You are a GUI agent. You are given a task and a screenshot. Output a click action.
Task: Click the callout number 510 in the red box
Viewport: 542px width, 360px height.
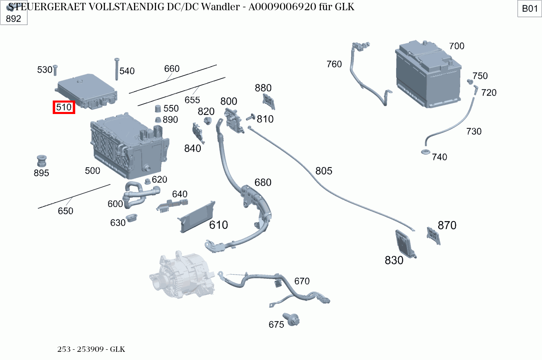[64, 107]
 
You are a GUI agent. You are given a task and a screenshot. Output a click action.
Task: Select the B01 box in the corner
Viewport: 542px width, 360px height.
[530, 9]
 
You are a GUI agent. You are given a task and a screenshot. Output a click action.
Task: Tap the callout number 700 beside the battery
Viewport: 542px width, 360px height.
[457, 46]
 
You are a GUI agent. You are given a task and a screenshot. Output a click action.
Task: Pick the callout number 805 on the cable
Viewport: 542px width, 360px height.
[324, 171]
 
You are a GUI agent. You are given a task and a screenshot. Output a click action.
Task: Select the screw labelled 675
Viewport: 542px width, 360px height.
[293, 320]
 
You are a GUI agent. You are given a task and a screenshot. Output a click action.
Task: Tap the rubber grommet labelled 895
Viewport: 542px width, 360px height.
[41, 160]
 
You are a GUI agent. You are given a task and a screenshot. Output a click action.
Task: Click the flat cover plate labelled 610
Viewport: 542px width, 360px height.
[197, 217]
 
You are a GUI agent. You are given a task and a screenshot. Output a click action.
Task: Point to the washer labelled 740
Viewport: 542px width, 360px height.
[425, 153]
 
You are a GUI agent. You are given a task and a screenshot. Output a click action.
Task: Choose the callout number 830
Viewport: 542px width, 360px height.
[394, 260]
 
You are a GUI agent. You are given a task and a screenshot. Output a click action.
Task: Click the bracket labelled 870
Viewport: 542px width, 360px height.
[433, 236]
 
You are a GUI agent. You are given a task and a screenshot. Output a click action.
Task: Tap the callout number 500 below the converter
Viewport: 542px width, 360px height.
[92, 171]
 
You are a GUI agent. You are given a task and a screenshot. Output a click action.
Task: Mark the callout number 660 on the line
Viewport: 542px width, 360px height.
[172, 69]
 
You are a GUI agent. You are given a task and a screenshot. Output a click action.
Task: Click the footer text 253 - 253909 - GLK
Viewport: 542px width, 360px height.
[91, 349]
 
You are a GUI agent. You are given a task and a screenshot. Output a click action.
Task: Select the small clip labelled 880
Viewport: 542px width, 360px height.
[269, 101]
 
